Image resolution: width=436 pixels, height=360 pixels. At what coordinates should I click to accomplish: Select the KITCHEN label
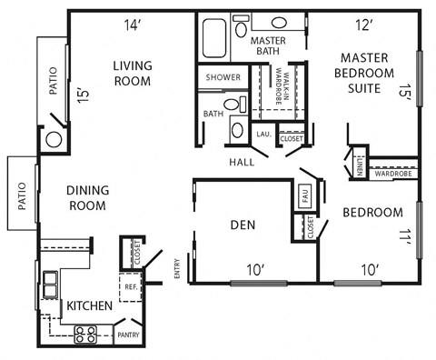point(90,306)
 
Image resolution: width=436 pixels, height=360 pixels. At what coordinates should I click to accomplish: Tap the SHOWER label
point(223,77)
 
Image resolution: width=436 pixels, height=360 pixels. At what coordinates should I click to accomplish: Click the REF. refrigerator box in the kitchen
point(131,286)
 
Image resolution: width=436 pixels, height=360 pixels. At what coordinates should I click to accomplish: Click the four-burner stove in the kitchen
point(84,335)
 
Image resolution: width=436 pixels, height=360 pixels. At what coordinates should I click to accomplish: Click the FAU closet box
point(303,195)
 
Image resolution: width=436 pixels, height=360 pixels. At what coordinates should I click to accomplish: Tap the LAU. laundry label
point(263,135)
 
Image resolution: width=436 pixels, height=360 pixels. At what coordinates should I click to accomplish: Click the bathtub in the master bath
point(214,35)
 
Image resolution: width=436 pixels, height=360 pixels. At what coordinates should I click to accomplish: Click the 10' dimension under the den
point(254,269)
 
